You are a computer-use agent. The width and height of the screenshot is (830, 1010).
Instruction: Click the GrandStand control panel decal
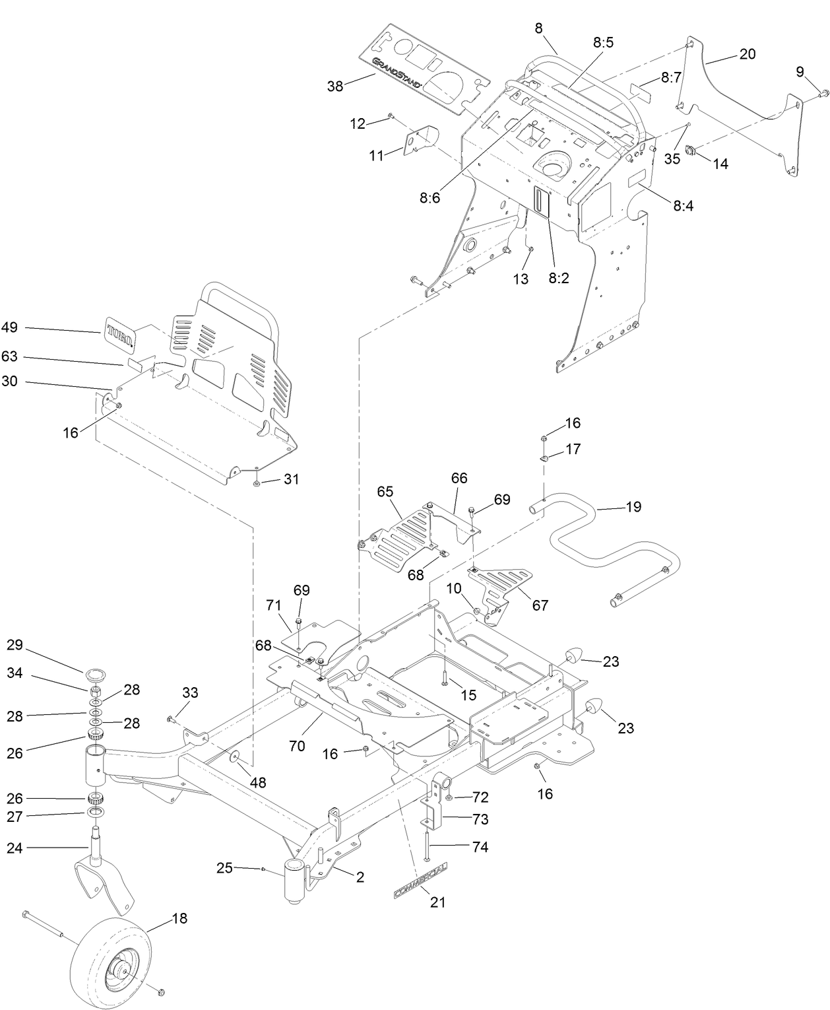click(x=426, y=70)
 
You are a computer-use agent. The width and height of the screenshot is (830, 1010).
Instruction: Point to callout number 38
click(x=335, y=86)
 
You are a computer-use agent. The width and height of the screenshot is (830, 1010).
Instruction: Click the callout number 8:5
click(x=602, y=43)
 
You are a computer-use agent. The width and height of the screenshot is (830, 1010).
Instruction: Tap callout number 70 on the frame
click(x=297, y=745)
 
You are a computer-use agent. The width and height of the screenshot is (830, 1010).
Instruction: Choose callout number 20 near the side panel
click(x=747, y=54)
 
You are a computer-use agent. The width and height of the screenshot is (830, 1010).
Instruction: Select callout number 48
click(x=258, y=782)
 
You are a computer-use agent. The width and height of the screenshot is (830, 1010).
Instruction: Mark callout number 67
click(x=540, y=605)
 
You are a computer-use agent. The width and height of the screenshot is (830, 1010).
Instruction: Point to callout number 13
click(x=521, y=279)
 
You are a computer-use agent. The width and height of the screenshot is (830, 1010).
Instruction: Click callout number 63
click(x=10, y=357)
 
